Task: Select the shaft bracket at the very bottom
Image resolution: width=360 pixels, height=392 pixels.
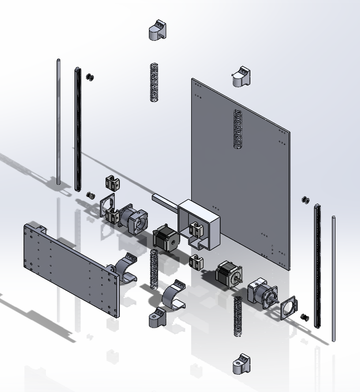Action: [x=242, y=364]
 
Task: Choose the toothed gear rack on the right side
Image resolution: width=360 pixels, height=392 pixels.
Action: [x=318, y=265]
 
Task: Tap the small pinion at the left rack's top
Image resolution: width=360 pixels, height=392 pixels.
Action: [x=90, y=77]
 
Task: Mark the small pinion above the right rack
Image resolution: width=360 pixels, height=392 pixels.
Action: [x=305, y=199]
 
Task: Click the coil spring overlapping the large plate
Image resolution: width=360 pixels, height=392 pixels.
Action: [x=238, y=130]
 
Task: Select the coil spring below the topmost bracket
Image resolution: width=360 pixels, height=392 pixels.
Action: [x=153, y=82]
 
